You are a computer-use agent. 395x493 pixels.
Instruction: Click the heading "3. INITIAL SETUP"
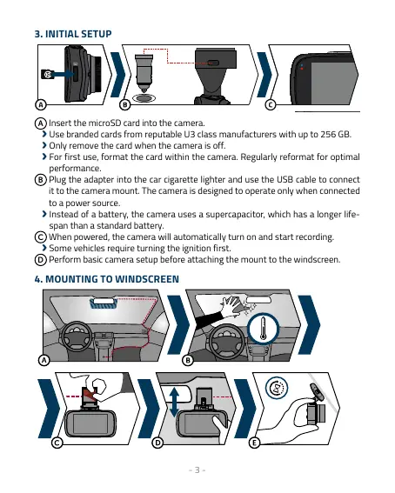[x=73, y=34]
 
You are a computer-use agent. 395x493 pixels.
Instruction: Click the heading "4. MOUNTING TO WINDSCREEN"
[x=107, y=279]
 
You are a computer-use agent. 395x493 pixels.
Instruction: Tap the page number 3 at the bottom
[x=197, y=470]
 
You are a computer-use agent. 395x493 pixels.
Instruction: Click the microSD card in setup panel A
[x=47, y=75]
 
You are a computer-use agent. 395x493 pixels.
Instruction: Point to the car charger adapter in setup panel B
[x=144, y=73]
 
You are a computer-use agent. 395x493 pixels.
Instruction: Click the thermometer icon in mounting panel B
[x=264, y=329]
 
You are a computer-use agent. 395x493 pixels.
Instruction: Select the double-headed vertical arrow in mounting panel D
[x=174, y=402]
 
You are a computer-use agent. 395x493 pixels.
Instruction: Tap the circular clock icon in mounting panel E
[x=277, y=388]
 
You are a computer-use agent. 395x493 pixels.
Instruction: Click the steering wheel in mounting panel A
[x=76, y=337]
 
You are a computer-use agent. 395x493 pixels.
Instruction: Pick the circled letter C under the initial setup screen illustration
[x=271, y=104]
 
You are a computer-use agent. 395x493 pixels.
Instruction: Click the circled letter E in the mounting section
[x=254, y=443]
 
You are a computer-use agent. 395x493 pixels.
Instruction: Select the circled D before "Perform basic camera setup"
[x=40, y=260]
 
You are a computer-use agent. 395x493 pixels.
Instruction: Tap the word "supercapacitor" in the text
[x=235, y=215]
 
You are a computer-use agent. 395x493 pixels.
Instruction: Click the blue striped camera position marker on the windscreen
[x=104, y=303]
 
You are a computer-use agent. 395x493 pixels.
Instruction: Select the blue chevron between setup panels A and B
[x=117, y=75]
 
